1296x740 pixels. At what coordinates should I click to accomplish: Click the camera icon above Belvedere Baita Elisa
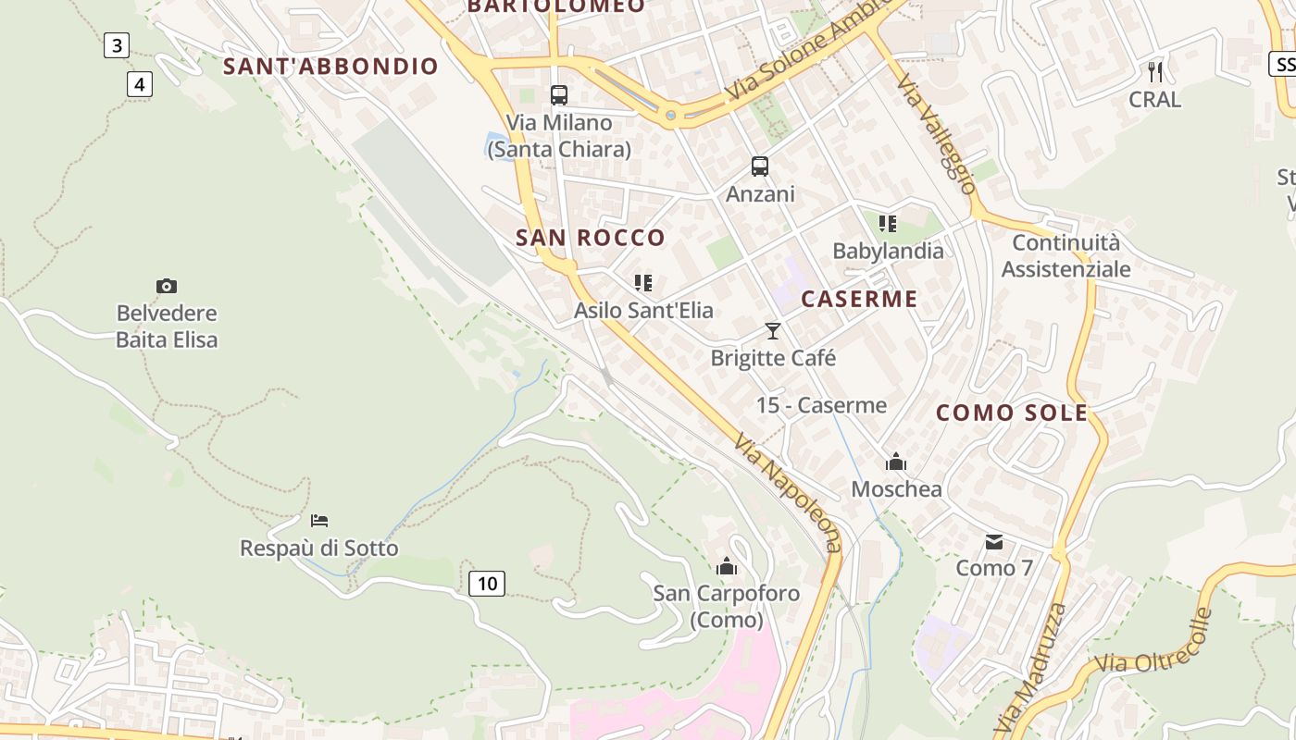(x=167, y=287)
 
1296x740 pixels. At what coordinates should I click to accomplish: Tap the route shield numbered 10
(x=487, y=583)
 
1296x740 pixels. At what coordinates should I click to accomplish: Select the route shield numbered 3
(x=116, y=45)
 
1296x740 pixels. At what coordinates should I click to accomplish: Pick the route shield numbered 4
(x=139, y=85)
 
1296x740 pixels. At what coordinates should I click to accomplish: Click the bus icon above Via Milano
(x=559, y=94)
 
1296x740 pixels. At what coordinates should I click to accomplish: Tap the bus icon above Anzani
(x=760, y=166)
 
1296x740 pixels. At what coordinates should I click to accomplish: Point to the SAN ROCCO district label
(x=591, y=238)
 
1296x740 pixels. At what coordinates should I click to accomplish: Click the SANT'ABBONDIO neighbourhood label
(x=330, y=67)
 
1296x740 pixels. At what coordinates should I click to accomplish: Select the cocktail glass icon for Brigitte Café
(x=773, y=331)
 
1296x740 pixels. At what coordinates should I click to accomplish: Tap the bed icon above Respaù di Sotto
(x=319, y=521)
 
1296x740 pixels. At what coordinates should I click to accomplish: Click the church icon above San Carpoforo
(x=727, y=565)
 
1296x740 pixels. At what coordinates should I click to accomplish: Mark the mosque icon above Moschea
(x=896, y=462)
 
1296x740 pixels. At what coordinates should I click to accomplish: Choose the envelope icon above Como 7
(x=994, y=541)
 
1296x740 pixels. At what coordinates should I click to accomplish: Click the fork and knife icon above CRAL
(x=1155, y=71)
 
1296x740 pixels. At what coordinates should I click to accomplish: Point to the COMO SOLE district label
(x=1012, y=413)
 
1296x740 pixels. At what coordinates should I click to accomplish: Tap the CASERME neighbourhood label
(x=859, y=299)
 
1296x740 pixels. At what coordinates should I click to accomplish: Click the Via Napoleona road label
(x=790, y=493)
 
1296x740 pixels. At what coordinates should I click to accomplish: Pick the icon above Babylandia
(x=888, y=224)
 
